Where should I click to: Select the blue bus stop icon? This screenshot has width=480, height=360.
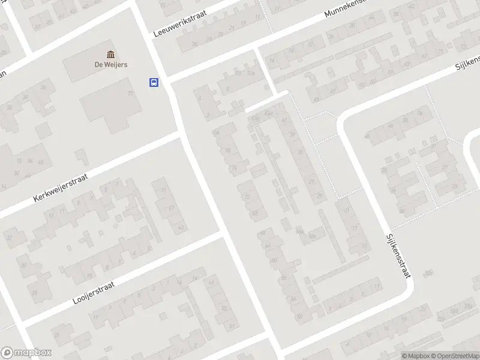tap(154, 83)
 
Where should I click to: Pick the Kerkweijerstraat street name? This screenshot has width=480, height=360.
tap(61, 188)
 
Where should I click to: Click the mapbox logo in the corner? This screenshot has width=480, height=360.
tap(26, 352)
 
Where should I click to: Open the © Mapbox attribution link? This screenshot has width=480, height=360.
tap(416, 356)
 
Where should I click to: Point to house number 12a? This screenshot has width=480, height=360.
tap(251, 73)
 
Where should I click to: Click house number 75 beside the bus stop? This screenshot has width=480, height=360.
tap(130, 94)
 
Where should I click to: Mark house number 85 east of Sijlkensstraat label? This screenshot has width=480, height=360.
tap(428, 273)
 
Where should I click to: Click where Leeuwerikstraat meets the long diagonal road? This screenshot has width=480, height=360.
tap(166, 80)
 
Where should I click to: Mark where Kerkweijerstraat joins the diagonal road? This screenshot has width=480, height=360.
tap(182, 136)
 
